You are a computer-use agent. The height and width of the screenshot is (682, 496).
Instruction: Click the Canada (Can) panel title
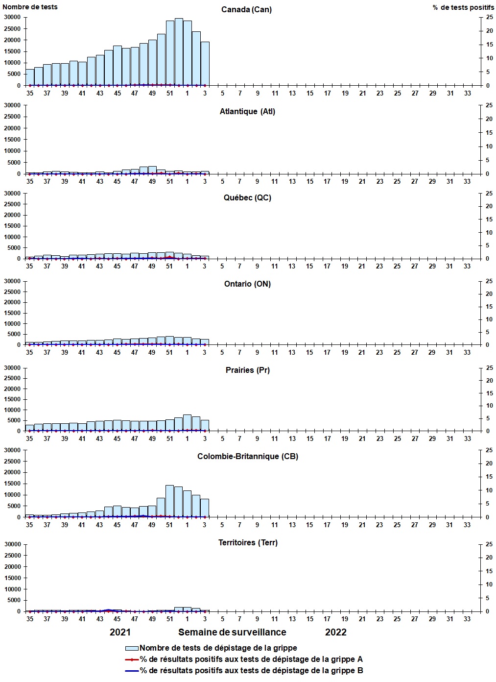(x=246, y=10)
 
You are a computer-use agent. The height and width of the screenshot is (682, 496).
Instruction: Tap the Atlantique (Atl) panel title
(x=247, y=112)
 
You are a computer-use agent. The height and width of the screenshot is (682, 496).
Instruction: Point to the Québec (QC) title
(x=247, y=198)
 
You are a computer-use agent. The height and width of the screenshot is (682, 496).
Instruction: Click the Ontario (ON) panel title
(x=247, y=284)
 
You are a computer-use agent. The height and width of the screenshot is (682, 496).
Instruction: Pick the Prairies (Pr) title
(x=247, y=370)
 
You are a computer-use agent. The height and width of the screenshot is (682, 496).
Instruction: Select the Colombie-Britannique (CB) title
(x=247, y=457)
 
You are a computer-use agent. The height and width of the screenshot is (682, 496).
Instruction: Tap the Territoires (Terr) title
(x=247, y=543)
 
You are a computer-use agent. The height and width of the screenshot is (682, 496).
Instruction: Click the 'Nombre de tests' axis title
(x=30, y=7)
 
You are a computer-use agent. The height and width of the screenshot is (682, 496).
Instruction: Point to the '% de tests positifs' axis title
(x=463, y=7)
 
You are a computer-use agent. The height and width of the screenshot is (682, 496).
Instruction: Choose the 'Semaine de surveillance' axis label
(x=232, y=632)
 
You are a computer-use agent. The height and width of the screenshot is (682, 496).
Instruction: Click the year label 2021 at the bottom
(x=120, y=632)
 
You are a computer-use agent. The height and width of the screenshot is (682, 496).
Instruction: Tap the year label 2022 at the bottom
(x=336, y=632)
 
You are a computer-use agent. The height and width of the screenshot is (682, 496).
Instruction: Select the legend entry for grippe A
(x=251, y=659)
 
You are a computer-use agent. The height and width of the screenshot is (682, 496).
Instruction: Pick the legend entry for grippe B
(x=251, y=671)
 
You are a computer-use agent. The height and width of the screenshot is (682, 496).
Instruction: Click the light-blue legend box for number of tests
(x=132, y=648)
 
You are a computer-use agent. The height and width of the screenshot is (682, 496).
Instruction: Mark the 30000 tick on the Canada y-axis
(x=12, y=17)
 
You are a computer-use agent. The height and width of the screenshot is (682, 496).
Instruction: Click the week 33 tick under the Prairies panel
(x=468, y=439)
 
